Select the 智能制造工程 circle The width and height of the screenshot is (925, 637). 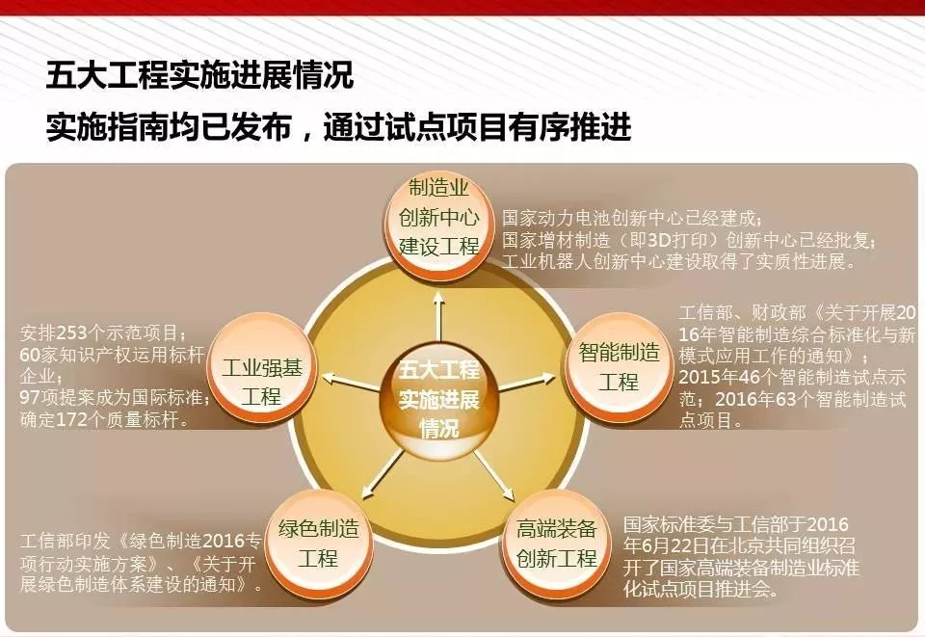coord(619,367)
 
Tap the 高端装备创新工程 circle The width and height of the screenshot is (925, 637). coord(556,544)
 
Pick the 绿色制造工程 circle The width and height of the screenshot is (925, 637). coord(319,544)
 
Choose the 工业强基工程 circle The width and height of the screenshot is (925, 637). coord(262,368)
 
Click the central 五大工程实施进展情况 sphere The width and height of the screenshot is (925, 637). coord(439,399)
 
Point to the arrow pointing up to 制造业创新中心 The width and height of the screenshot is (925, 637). coord(438,316)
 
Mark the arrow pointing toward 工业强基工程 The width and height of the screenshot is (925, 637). coord(352,382)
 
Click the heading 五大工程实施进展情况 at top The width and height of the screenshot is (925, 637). coord(199,75)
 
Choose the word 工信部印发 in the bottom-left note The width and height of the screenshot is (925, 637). coord(65,541)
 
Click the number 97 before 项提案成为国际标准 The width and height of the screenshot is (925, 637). coord(30,397)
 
